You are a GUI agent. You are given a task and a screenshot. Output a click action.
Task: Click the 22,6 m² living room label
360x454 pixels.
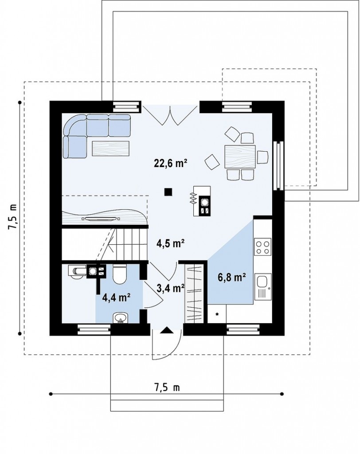(170, 163)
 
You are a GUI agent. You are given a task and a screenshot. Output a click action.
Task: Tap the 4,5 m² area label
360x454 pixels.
(171, 243)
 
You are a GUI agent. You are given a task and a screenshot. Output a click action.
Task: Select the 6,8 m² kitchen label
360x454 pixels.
(232, 277)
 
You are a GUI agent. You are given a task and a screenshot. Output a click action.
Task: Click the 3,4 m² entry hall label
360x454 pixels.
(171, 288)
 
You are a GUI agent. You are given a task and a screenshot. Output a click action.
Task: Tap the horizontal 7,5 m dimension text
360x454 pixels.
(167, 387)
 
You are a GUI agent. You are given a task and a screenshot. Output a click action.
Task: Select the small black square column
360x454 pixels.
(168, 192)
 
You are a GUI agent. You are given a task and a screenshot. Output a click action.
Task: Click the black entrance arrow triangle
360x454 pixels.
(167, 330)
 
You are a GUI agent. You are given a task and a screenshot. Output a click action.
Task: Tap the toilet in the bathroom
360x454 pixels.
(119, 274)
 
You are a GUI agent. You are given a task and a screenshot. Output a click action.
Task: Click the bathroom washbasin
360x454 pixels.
(120, 318)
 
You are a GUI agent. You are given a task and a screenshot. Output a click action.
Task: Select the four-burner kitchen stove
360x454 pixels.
(263, 247)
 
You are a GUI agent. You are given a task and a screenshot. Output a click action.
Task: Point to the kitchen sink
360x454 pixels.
(263, 287)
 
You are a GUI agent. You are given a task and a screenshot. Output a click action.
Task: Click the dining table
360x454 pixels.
(240, 157)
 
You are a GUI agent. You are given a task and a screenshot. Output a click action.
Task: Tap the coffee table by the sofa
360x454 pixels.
(111, 149)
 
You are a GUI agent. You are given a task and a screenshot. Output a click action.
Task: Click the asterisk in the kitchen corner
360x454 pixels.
(217, 314)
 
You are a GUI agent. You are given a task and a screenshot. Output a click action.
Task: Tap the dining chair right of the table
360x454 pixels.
(263, 157)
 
